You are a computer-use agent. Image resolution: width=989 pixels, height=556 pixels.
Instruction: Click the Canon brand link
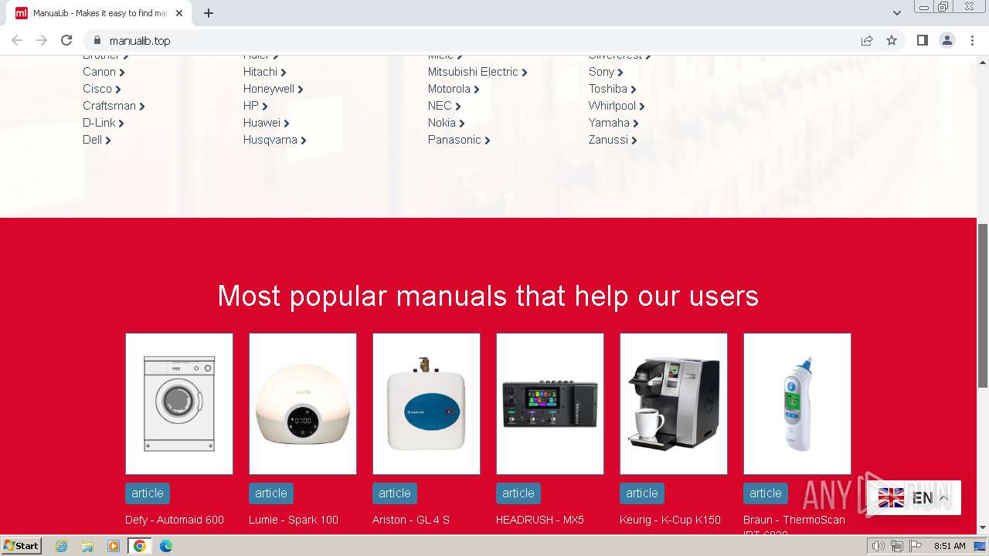click(99, 72)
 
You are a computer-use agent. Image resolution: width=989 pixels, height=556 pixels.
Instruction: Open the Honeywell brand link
click(269, 89)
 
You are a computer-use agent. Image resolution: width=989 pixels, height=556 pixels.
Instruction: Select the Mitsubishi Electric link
click(473, 72)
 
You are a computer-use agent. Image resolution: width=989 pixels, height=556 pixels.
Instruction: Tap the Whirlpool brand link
click(612, 106)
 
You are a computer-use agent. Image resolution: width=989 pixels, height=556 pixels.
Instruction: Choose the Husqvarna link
click(270, 140)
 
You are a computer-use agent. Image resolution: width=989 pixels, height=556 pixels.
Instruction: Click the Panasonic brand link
click(454, 140)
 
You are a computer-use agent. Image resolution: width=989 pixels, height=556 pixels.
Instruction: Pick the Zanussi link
click(608, 140)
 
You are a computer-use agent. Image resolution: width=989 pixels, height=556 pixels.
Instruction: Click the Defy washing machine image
click(179, 403)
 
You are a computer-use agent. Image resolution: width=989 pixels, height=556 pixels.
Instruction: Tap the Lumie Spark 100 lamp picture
click(303, 403)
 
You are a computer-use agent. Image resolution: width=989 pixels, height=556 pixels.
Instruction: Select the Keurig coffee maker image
click(674, 403)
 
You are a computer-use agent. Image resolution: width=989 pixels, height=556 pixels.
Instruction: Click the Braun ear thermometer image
click(797, 403)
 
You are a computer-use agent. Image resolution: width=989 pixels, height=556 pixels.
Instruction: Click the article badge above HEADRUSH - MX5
click(518, 493)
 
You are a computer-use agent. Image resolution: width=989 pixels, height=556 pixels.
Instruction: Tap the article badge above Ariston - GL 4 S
click(395, 493)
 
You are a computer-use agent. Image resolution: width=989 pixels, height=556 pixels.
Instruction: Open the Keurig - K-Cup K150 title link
click(670, 520)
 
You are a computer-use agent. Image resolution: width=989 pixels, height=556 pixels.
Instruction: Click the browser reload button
click(66, 40)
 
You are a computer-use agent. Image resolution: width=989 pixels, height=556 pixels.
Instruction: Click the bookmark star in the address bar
click(892, 40)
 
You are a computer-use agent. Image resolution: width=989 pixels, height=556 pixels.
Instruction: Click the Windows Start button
click(21, 546)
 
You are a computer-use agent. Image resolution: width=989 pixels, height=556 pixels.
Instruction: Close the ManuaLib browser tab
click(179, 13)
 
